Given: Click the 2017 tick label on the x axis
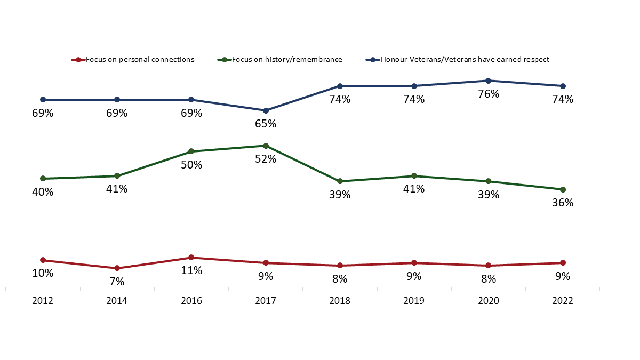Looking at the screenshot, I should pyautogui.click(x=266, y=301).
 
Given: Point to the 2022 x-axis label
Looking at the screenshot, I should pyautogui.click(x=563, y=301).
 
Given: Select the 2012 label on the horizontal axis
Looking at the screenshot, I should pyautogui.click(x=43, y=301).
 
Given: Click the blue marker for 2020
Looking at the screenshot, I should pyautogui.click(x=489, y=81).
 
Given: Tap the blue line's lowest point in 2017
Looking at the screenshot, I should pyautogui.click(x=266, y=110).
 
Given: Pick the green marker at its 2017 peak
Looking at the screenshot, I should pyautogui.click(x=266, y=146).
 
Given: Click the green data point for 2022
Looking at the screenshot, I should pyautogui.click(x=563, y=189).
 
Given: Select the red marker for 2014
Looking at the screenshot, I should pyautogui.click(x=117, y=268).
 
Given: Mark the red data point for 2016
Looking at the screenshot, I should pyautogui.click(x=191, y=258).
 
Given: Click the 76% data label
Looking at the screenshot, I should pyautogui.click(x=489, y=94).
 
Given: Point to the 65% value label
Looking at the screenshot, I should pyautogui.click(x=266, y=124).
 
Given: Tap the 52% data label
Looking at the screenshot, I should pyautogui.click(x=266, y=159).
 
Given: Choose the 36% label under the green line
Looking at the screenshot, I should pyautogui.click(x=563, y=203).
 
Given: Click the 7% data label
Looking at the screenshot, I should pyautogui.click(x=117, y=282).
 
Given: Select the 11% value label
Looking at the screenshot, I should pyautogui.click(x=191, y=270).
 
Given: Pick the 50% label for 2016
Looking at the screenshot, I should pyautogui.click(x=191, y=165).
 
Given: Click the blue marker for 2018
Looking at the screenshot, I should pyautogui.click(x=340, y=86).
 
